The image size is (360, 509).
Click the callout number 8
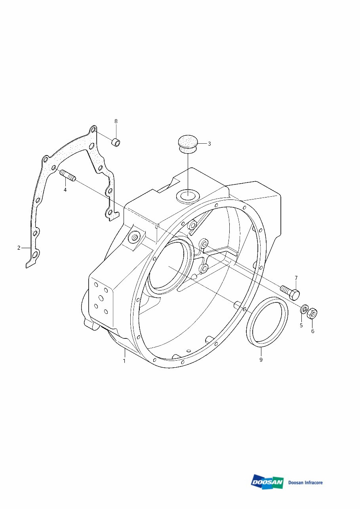(x=116, y=121)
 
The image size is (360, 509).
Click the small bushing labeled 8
(x=116, y=142)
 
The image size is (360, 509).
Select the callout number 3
(x=209, y=144)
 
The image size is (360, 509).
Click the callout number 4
(x=65, y=190)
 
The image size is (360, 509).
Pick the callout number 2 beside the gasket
(x=19, y=248)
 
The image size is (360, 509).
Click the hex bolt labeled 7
(x=291, y=292)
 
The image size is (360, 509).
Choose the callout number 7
(x=296, y=278)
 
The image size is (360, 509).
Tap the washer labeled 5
(x=304, y=309)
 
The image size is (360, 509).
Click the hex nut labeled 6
(x=313, y=313)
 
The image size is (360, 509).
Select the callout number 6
(x=312, y=331)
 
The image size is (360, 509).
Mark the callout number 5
(x=301, y=325)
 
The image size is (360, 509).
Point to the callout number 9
(x=261, y=360)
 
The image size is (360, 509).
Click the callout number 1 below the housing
(x=124, y=361)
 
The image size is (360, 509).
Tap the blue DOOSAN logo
(x=267, y=482)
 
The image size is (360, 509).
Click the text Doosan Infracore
(x=305, y=482)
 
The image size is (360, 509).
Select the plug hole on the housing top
(x=187, y=196)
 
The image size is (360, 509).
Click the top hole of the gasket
(x=93, y=130)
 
